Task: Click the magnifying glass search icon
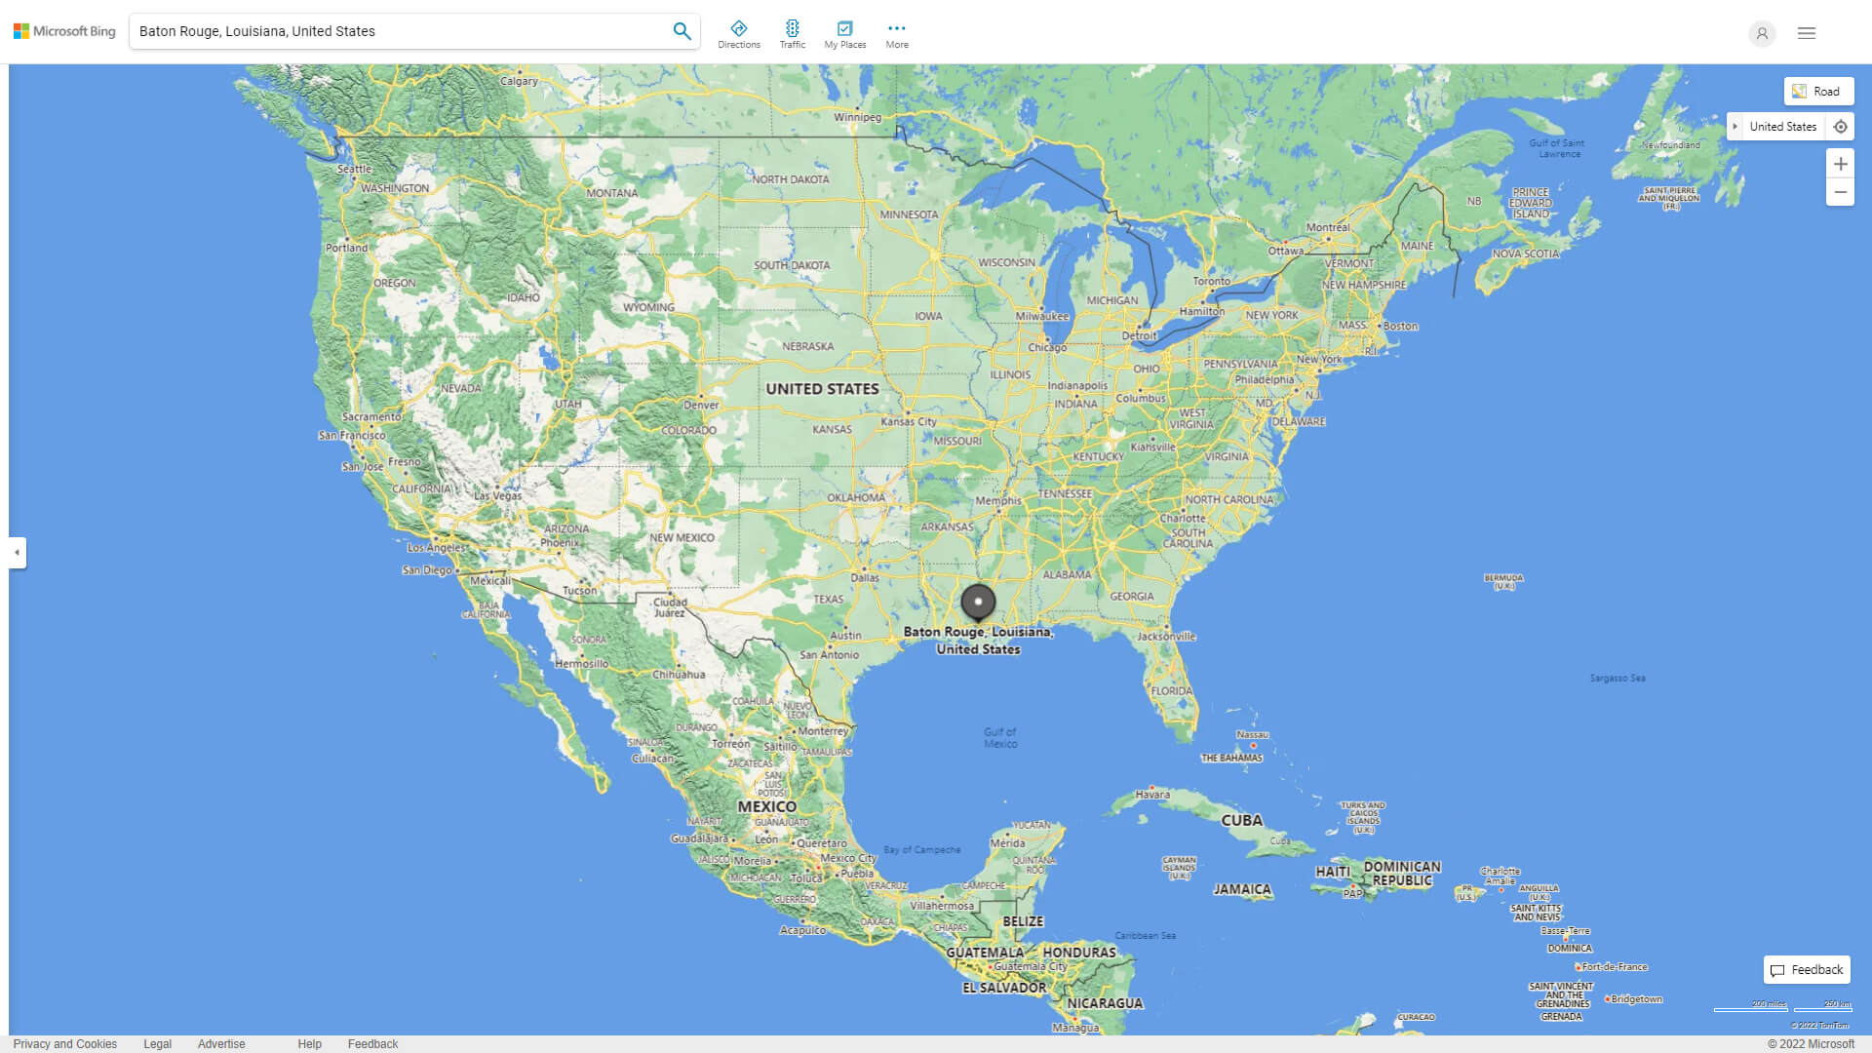click(x=682, y=31)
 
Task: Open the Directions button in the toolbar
click(x=739, y=34)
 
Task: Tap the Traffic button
click(x=793, y=34)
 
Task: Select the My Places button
click(x=844, y=34)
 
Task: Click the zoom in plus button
click(x=1840, y=164)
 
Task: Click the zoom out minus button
click(x=1840, y=192)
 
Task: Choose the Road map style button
click(x=1818, y=92)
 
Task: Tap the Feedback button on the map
click(x=1807, y=970)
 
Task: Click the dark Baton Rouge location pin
click(x=978, y=603)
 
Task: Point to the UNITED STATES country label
click(x=822, y=389)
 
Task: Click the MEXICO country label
click(x=766, y=807)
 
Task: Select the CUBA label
click(x=1241, y=821)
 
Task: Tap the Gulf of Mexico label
click(x=1000, y=738)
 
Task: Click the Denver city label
click(x=701, y=405)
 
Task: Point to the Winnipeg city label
click(x=857, y=117)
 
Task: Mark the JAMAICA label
click(x=1242, y=889)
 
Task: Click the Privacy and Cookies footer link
click(x=65, y=1044)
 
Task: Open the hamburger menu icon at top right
click(x=1807, y=33)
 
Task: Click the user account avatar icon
click(x=1762, y=33)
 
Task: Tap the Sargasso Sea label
click(x=1618, y=679)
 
